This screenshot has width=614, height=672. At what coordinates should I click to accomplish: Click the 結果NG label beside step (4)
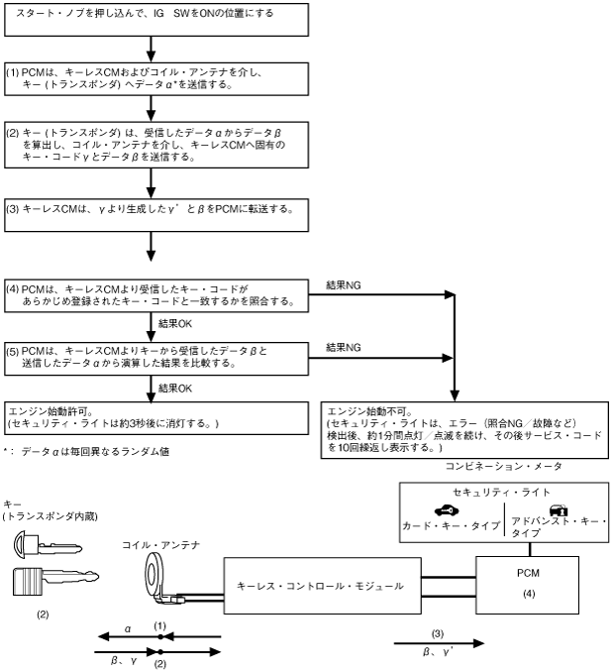point(346,284)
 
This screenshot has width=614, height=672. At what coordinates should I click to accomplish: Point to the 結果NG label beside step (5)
point(346,347)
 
